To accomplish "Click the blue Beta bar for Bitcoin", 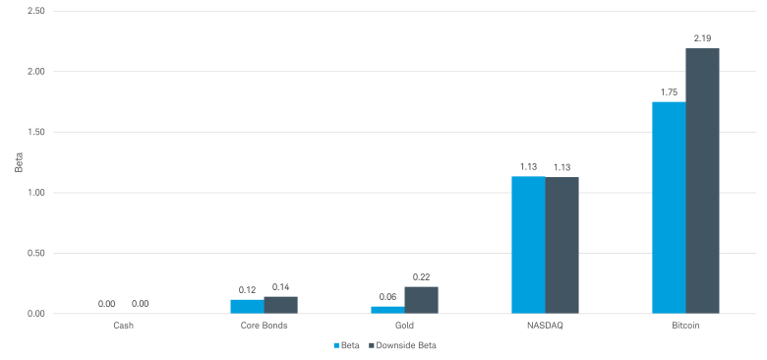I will coord(669,208).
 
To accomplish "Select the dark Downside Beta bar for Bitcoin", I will coord(702,181).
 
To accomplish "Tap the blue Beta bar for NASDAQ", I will coord(528,245).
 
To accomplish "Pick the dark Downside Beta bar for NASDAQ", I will coord(561,245).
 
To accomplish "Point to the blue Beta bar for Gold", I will coord(387,310).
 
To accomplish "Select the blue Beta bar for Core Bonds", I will coord(247,307).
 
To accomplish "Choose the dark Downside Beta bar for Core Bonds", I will coord(280,305).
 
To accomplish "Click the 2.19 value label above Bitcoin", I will coord(702,38).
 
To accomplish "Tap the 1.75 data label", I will coord(669,91).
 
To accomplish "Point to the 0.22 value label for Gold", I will coord(421,277).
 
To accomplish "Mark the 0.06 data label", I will coord(387,297).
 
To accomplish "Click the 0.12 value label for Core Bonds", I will coord(247,290).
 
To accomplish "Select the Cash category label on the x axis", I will coord(123,326).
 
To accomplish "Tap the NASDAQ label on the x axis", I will coord(545,326).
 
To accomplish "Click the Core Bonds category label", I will coord(264,326).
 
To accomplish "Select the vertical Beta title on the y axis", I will coord(19,162).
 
